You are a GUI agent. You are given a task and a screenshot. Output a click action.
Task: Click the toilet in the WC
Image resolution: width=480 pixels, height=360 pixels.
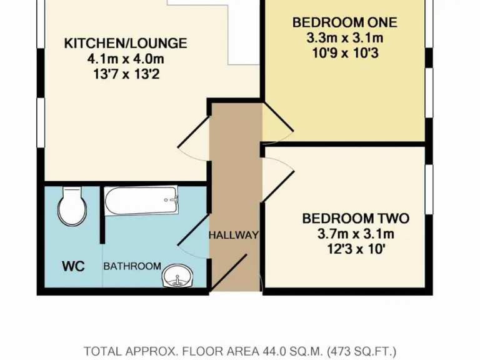pyautogui.click(x=72, y=207)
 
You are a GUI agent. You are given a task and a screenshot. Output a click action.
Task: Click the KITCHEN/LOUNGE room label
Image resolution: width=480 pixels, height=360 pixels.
pyautogui.click(x=126, y=43)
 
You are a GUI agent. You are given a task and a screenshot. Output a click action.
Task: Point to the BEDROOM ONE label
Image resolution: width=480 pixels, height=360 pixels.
pyautogui.click(x=344, y=22)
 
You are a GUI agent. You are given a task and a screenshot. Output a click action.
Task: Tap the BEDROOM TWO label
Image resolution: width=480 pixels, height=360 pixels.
pyautogui.click(x=355, y=219)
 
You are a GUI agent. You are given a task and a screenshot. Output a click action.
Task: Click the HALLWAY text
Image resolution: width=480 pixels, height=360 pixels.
pyautogui.click(x=233, y=236)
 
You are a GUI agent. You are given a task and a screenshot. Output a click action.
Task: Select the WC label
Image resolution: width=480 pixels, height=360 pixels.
pyautogui.click(x=73, y=265)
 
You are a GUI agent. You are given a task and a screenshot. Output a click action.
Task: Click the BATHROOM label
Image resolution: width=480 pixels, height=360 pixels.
pyautogui.click(x=132, y=266)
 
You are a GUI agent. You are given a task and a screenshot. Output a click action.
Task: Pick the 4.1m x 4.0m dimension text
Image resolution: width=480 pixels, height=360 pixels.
pyautogui.click(x=126, y=59)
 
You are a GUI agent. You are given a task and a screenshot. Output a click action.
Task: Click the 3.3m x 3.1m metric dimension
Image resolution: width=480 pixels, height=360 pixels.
pyautogui.click(x=344, y=38)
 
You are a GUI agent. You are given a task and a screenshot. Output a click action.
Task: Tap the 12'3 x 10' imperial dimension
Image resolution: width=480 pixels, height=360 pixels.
pyautogui.click(x=355, y=251)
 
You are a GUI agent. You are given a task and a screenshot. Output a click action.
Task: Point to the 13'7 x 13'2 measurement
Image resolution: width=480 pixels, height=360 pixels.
pyautogui.click(x=126, y=75)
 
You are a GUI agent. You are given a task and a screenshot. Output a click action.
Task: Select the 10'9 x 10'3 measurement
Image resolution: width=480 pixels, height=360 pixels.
pyautogui.click(x=344, y=54)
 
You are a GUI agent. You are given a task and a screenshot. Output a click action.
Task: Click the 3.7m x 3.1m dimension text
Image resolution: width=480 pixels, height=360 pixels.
pyautogui.click(x=355, y=235)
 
